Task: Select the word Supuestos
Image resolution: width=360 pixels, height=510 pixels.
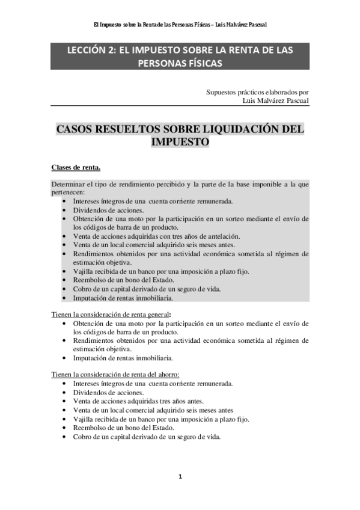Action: click(x=221, y=93)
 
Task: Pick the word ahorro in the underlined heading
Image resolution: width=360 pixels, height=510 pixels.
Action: click(x=166, y=375)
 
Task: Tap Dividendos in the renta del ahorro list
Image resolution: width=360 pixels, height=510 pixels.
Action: click(x=90, y=392)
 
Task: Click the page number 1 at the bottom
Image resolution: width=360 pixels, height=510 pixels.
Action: click(x=180, y=477)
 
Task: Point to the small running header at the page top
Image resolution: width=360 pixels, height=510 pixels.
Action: click(x=180, y=25)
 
